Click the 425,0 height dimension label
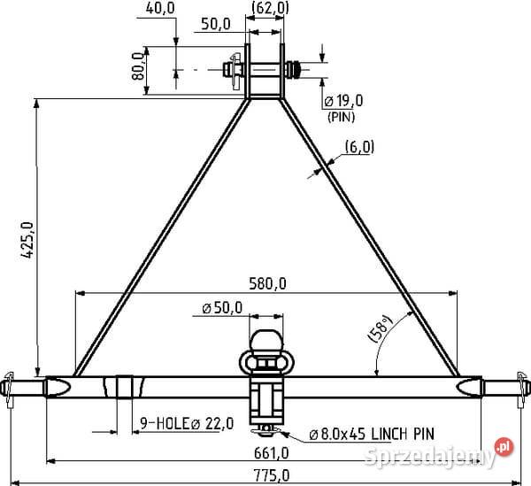[x=27, y=240]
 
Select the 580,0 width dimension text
[x=267, y=284]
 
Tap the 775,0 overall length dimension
[x=272, y=475]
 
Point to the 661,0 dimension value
[x=272, y=453]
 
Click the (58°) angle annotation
[x=381, y=328]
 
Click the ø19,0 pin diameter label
[x=343, y=101]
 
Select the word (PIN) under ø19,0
[x=341, y=117]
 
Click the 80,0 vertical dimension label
[x=138, y=66]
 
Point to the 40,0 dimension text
[x=160, y=8]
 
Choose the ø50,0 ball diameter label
[x=222, y=308]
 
